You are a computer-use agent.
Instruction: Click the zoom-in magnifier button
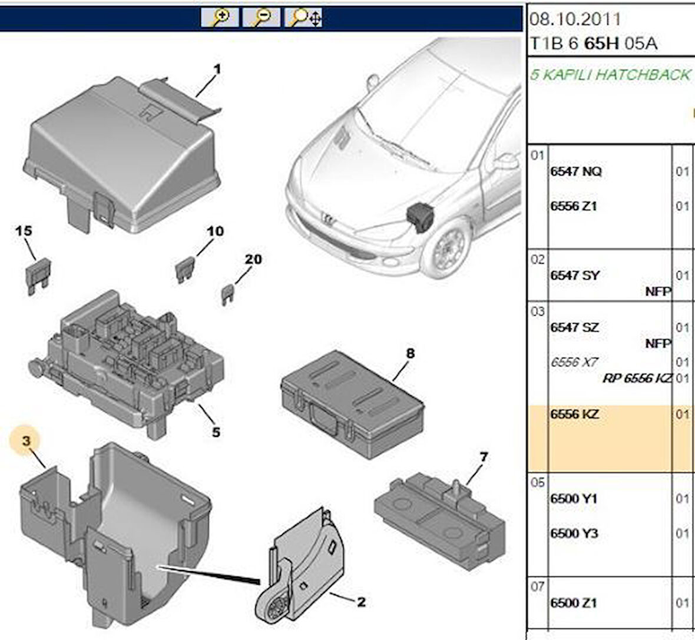click(x=219, y=18)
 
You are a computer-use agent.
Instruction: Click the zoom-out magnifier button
click(x=261, y=18)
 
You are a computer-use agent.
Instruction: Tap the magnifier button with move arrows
click(x=304, y=18)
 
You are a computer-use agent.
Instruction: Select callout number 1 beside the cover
click(x=217, y=69)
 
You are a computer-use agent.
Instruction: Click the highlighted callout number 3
click(x=27, y=440)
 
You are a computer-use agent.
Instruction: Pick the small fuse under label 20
click(x=228, y=293)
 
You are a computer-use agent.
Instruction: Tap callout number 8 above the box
click(x=410, y=353)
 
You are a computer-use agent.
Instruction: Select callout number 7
click(x=483, y=457)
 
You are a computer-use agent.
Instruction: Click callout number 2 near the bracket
click(x=361, y=602)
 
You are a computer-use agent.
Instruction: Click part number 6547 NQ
click(x=575, y=172)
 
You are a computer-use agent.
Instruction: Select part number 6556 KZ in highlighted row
click(x=574, y=414)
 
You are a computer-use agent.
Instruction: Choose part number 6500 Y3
click(x=574, y=533)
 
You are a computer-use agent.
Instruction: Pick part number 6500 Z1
click(x=573, y=603)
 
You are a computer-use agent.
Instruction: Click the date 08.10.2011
click(x=575, y=19)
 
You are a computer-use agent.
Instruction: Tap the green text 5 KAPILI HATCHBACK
click(x=610, y=75)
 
